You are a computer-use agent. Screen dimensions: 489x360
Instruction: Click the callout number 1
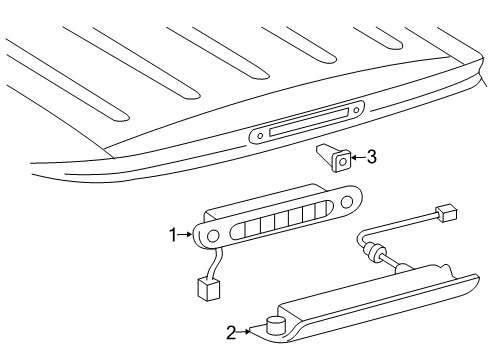point(173,235)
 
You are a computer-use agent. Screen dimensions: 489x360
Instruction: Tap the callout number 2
point(231,332)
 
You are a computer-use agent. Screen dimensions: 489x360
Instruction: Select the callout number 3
point(372,157)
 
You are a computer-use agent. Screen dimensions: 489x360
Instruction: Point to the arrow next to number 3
point(359,157)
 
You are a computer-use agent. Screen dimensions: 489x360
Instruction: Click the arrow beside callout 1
point(185,235)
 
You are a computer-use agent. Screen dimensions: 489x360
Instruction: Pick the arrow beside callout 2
point(243,331)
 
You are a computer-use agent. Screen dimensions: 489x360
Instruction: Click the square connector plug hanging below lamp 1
point(208,290)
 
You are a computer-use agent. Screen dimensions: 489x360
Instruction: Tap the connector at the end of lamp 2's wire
point(446,213)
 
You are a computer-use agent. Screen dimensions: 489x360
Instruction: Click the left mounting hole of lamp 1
point(212,236)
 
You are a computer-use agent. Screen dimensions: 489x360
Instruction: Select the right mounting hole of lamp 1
point(347,201)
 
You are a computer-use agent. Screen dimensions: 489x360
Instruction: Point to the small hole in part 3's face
point(343,162)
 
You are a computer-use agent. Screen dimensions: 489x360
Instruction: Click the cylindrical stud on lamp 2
point(276,325)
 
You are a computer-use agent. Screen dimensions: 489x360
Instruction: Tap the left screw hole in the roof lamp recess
point(260,135)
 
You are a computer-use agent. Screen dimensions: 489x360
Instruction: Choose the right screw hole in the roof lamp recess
point(356,110)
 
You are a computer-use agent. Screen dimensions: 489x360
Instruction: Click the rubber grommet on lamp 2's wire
point(373,251)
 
